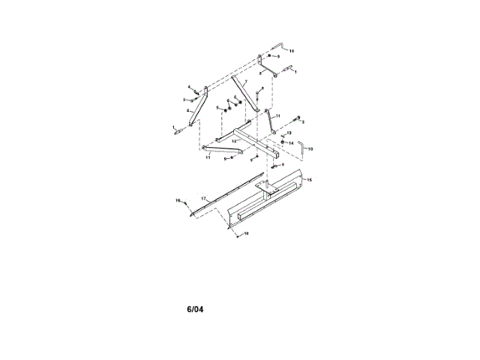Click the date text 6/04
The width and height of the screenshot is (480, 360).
coord(195,308)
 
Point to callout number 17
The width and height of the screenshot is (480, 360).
coord(203,198)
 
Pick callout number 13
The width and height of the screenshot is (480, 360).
coord(289,133)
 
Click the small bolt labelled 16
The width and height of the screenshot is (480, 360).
coord(184,202)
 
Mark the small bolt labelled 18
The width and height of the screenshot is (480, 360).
coord(237,234)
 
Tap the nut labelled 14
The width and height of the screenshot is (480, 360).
coord(283,142)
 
